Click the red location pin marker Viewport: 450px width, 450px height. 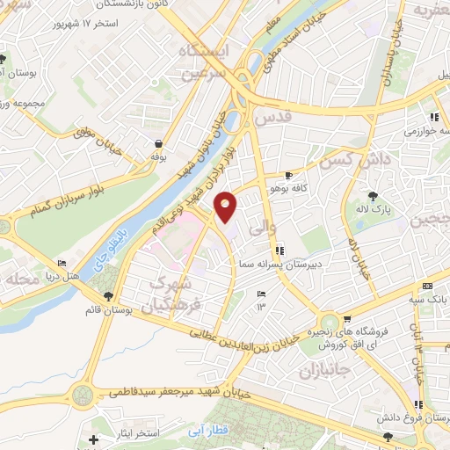pyautogui.click(x=226, y=206)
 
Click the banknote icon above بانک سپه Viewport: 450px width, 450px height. pyautogui.click(x=427, y=287)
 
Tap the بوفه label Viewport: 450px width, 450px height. pyautogui.click(x=157, y=157)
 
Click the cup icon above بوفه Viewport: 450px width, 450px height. pyautogui.click(x=157, y=143)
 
